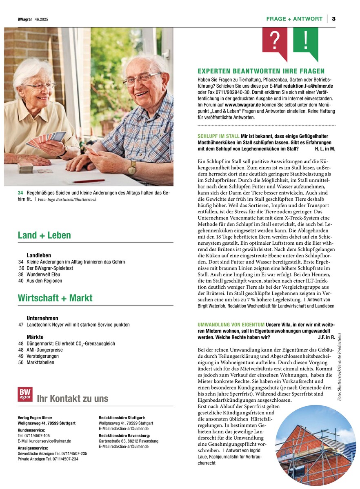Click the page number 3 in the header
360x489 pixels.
coord(333,19)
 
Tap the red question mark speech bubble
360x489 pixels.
coord(275,41)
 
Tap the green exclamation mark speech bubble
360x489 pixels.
coord(305,41)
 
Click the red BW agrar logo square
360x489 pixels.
coord(25,394)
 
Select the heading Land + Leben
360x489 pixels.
coord(44,235)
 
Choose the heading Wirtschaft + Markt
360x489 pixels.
coord(55,298)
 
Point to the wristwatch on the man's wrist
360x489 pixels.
coord(132,167)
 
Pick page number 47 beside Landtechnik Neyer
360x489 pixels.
coord(21,325)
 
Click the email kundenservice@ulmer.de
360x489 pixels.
coord(44,441)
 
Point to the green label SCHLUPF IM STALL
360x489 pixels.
coord(218,136)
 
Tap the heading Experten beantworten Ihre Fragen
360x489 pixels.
coord(261,71)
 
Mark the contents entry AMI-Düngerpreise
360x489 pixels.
coord(45,350)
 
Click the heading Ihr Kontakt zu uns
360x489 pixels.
coord(72,398)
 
